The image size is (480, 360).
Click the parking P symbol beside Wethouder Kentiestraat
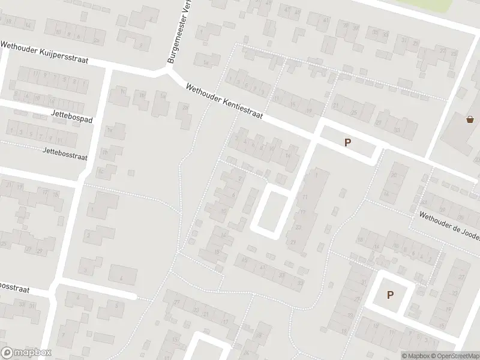tap(347, 142)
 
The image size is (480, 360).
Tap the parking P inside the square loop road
tap(390, 295)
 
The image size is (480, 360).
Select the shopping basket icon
tap(470, 119)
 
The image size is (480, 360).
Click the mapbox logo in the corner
tap(26, 352)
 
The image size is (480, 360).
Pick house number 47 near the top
tap(286, 10)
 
